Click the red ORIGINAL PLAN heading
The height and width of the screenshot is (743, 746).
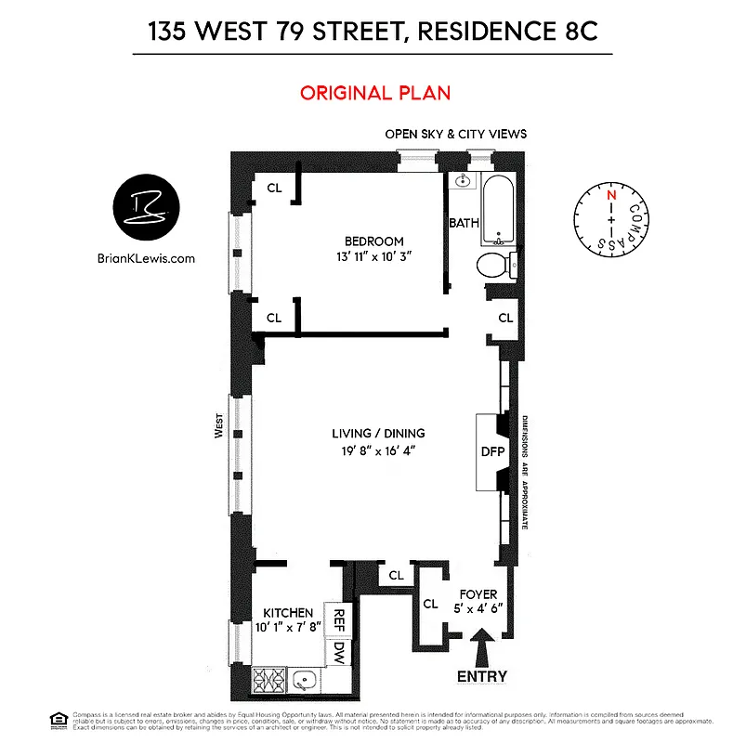coord(375,93)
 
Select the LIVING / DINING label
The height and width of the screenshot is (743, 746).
coord(378,434)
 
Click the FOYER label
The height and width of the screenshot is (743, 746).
coord(478,594)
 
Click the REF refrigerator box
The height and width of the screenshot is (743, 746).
coord(339,620)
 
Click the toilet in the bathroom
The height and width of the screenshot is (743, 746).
coord(493,266)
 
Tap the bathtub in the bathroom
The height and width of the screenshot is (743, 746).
coord(498,209)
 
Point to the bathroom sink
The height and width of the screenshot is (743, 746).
coord(462,182)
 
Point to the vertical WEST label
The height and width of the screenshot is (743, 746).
coord(219,434)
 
